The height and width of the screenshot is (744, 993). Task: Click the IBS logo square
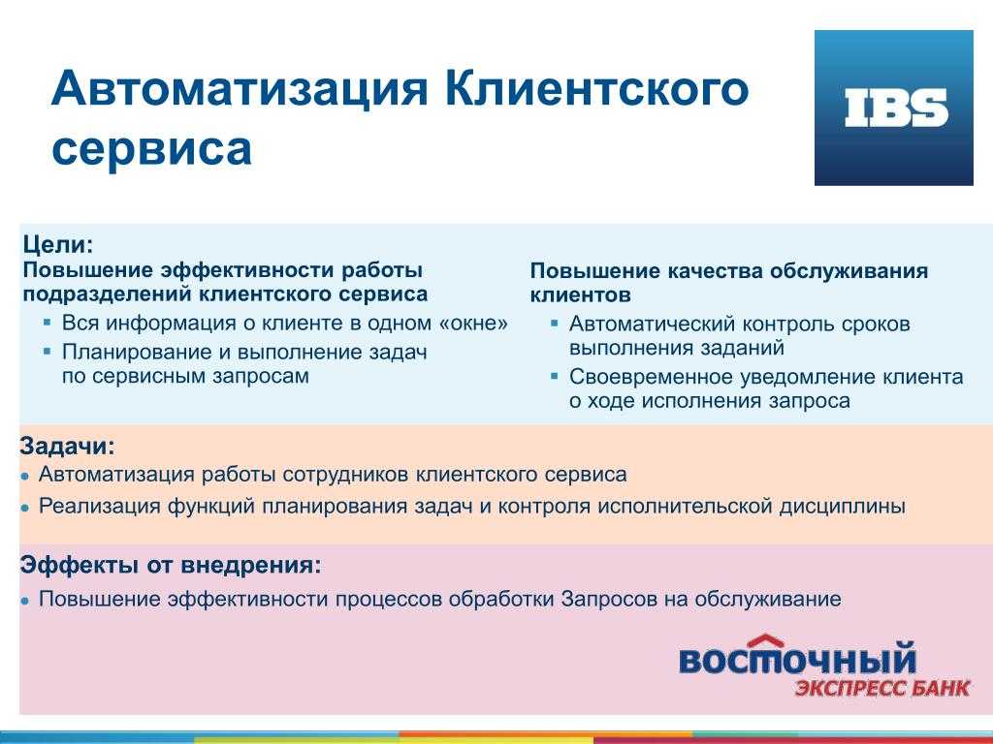tap(893, 108)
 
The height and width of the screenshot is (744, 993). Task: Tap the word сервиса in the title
tap(152, 148)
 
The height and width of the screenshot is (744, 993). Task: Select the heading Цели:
tap(57, 244)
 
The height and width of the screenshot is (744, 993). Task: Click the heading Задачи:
tap(67, 446)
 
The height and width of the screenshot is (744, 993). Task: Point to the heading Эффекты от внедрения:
tap(171, 564)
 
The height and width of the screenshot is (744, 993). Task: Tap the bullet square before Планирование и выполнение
tap(47, 350)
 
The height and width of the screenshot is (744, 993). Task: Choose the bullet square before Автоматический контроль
tap(555, 323)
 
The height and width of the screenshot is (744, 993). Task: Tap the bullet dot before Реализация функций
tap(24, 508)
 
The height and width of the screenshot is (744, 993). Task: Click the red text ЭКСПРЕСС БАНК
tap(882, 688)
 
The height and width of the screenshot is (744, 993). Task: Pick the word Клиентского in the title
tap(596, 88)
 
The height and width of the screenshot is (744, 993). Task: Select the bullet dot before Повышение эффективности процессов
tap(24, 601)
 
